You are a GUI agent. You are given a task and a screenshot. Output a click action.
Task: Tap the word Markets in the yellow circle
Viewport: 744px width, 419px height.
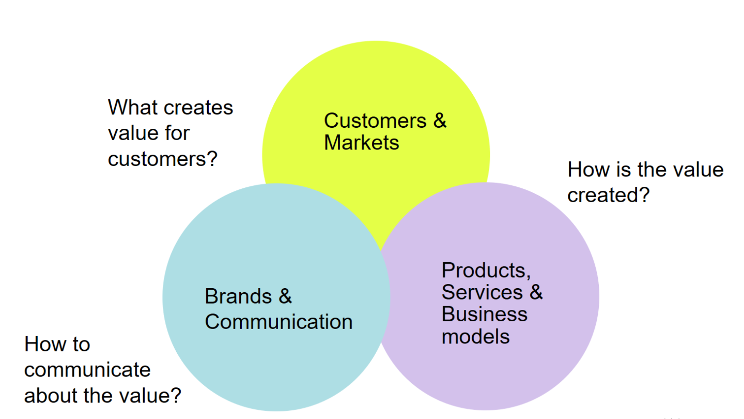pyautogui.click(x=361, y=143)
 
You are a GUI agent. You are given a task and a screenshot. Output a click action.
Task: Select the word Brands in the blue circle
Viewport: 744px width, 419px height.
pyautogui.click(x=238, y=297)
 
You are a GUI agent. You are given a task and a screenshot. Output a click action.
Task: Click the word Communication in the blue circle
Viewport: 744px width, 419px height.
pyautogui.click(x=278, y=322)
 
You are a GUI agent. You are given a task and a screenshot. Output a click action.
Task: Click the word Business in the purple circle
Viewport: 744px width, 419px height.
pyautogui.click(x=485, y=315)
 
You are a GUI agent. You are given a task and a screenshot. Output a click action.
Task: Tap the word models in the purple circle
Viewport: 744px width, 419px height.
pyautogui.click(x=476, y=337)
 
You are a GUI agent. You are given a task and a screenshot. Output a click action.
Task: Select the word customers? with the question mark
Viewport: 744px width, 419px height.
pyautogui.click(x=162, y=159)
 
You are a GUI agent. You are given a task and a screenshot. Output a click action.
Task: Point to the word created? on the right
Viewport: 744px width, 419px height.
pyautogui.click(x=608, y=196)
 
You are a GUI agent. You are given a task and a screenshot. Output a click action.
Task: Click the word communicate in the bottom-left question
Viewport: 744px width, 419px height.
pyautogui.click(x=87, y=370)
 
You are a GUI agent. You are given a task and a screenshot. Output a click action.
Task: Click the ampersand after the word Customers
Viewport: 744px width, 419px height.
pyautogui.click(x=440, y=121)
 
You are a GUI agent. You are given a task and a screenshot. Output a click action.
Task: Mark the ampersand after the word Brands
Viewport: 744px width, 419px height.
pyautogui.click(x=285, y=297)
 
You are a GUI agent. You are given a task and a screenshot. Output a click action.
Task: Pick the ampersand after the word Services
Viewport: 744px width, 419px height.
pyautogui.click(x=536, y=292)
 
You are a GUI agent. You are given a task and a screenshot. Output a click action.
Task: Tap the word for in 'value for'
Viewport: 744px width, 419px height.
pyautogui.click(x=177, y=133)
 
